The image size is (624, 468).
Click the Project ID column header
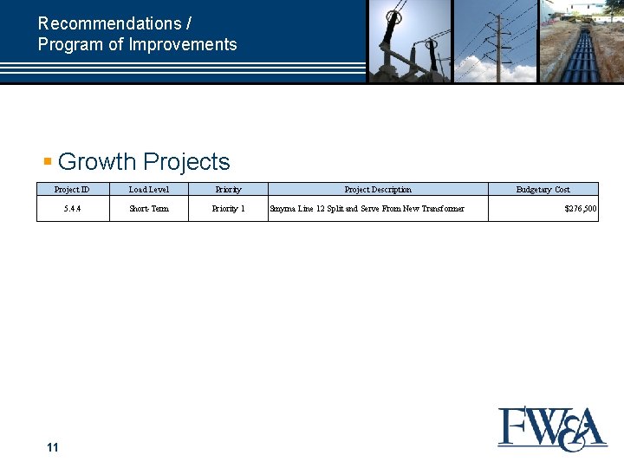coord(72,189)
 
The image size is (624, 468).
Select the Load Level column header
coord(149,189)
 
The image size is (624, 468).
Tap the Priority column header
coord(228,189)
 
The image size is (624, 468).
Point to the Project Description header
coord(378,189)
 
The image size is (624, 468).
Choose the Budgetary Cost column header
coord(543,189)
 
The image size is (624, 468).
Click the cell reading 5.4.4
coord(72,209)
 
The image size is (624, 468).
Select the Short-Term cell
coord(149,209)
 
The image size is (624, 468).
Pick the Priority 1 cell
coord(228,209)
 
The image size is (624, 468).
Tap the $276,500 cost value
coord(580,209)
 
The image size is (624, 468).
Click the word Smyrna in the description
coord(283,209)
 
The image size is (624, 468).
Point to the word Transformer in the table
coord(442,209)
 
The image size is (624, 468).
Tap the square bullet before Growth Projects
coord(49,161)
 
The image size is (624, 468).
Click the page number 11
coord(53,447)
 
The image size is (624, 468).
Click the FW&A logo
coord(552,429)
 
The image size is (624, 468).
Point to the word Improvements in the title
coord(183,44)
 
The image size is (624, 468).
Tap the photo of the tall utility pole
coord(496,41)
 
